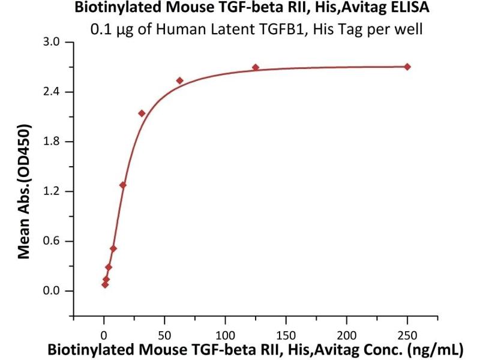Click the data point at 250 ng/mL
[x=407, y=67]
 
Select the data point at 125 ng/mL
[x=256, y=67]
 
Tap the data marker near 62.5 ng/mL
[x=179, y=80]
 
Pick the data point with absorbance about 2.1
[x=142, y=113]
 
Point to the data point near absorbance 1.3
[x=123, y=185]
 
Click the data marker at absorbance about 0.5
[x=113, y=248]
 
